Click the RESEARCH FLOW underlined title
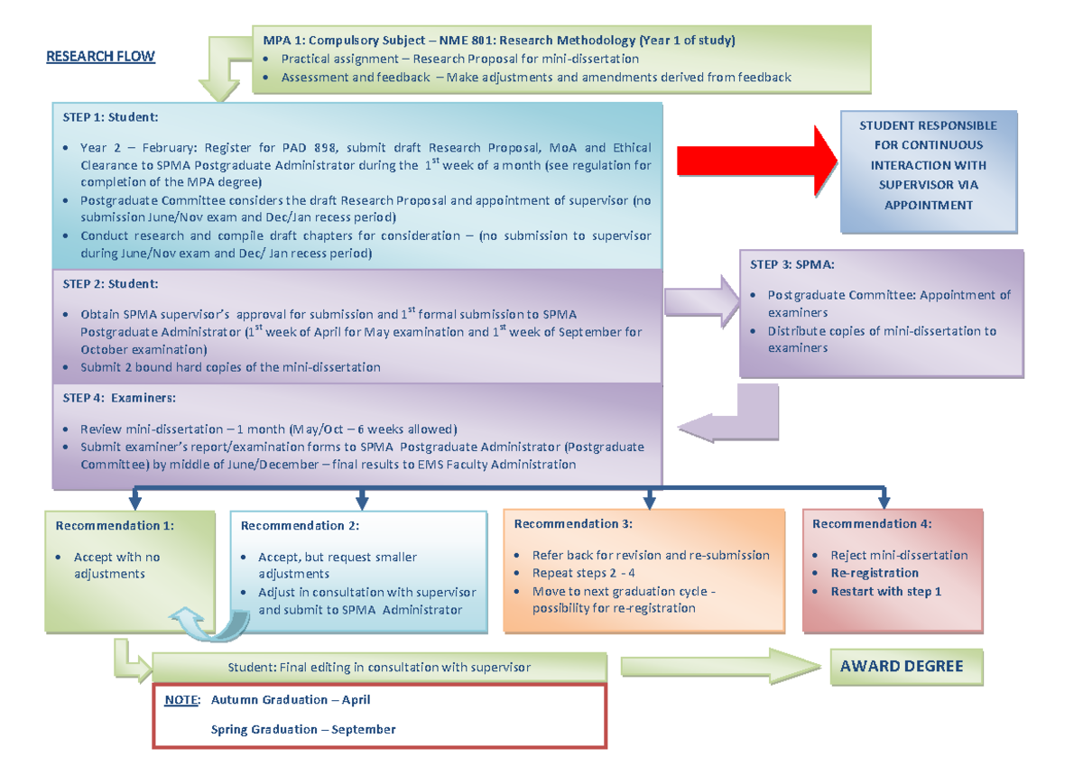click(x=100, y=56)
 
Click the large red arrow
click(x=754, y=161)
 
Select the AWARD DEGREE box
click(x=902, y=667)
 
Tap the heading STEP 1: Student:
click(x=110, y=117)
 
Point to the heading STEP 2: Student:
click(x=110, y=284)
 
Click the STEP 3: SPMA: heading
click(x=791, y=265)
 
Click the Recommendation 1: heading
click(x=115, y=525)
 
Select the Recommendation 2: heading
click(x=300, y=526)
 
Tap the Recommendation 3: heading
click(x=573, y=524)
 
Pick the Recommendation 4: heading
click(x=872, y=524)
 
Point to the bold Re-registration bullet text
click(x=875, y=573)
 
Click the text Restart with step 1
click(x=886, y=592)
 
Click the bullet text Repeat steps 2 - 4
click(x=590, y=573)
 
